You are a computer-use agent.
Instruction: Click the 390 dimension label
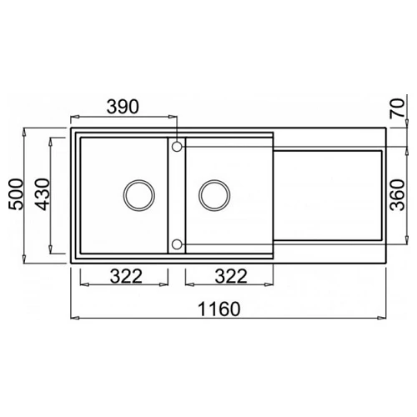pyautogui.click(x=123, y=107)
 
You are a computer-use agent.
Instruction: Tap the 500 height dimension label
pyautogui.click(x=16, y=194)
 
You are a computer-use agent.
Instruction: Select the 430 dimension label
pyautogui.click(x=43, y=194)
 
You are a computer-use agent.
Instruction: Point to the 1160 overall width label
pyautogui.click(x=219, y=309)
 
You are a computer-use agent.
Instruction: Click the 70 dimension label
pyautogui.click(x=397, y=108)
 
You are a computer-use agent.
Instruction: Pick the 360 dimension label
pyautogui.click(x=397, y=195)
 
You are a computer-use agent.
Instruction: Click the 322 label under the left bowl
pyautogui.click(x=126, y=276)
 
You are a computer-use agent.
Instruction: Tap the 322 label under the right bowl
pyautogui.click(x=231, y=276)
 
